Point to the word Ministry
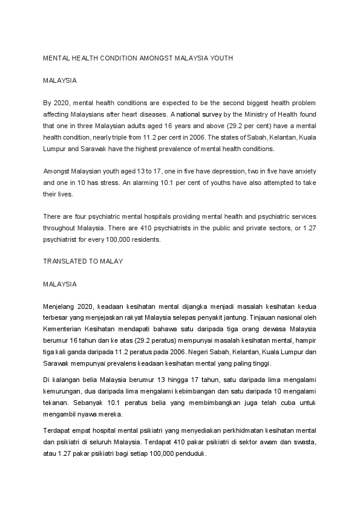click(x=250, y=114)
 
